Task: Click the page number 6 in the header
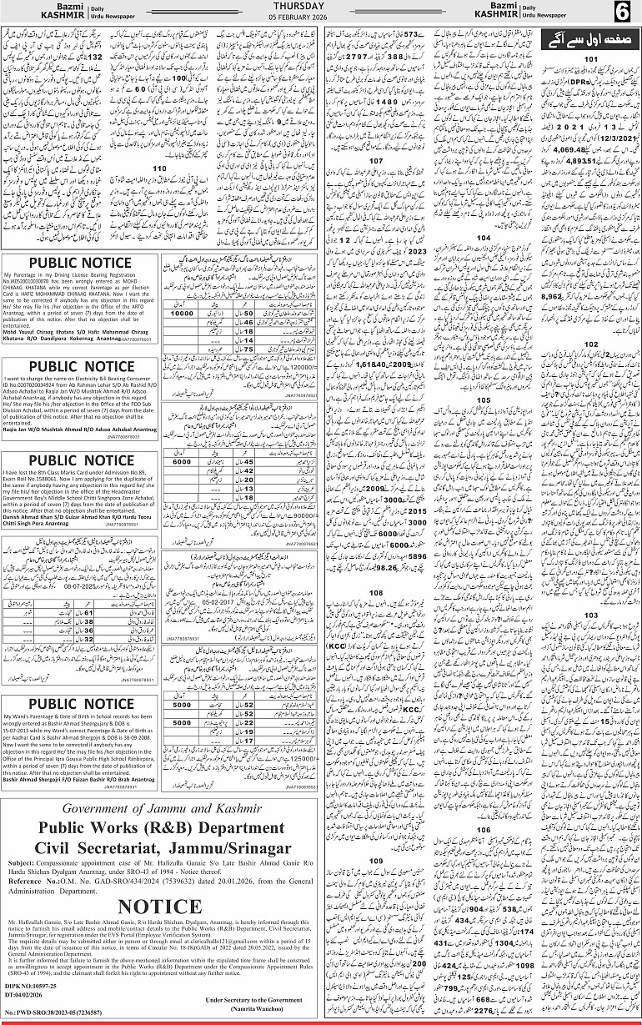(x=623, y=13)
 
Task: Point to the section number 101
(x=589, y=60)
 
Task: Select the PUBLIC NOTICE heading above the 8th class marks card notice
(x=80, y=460)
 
